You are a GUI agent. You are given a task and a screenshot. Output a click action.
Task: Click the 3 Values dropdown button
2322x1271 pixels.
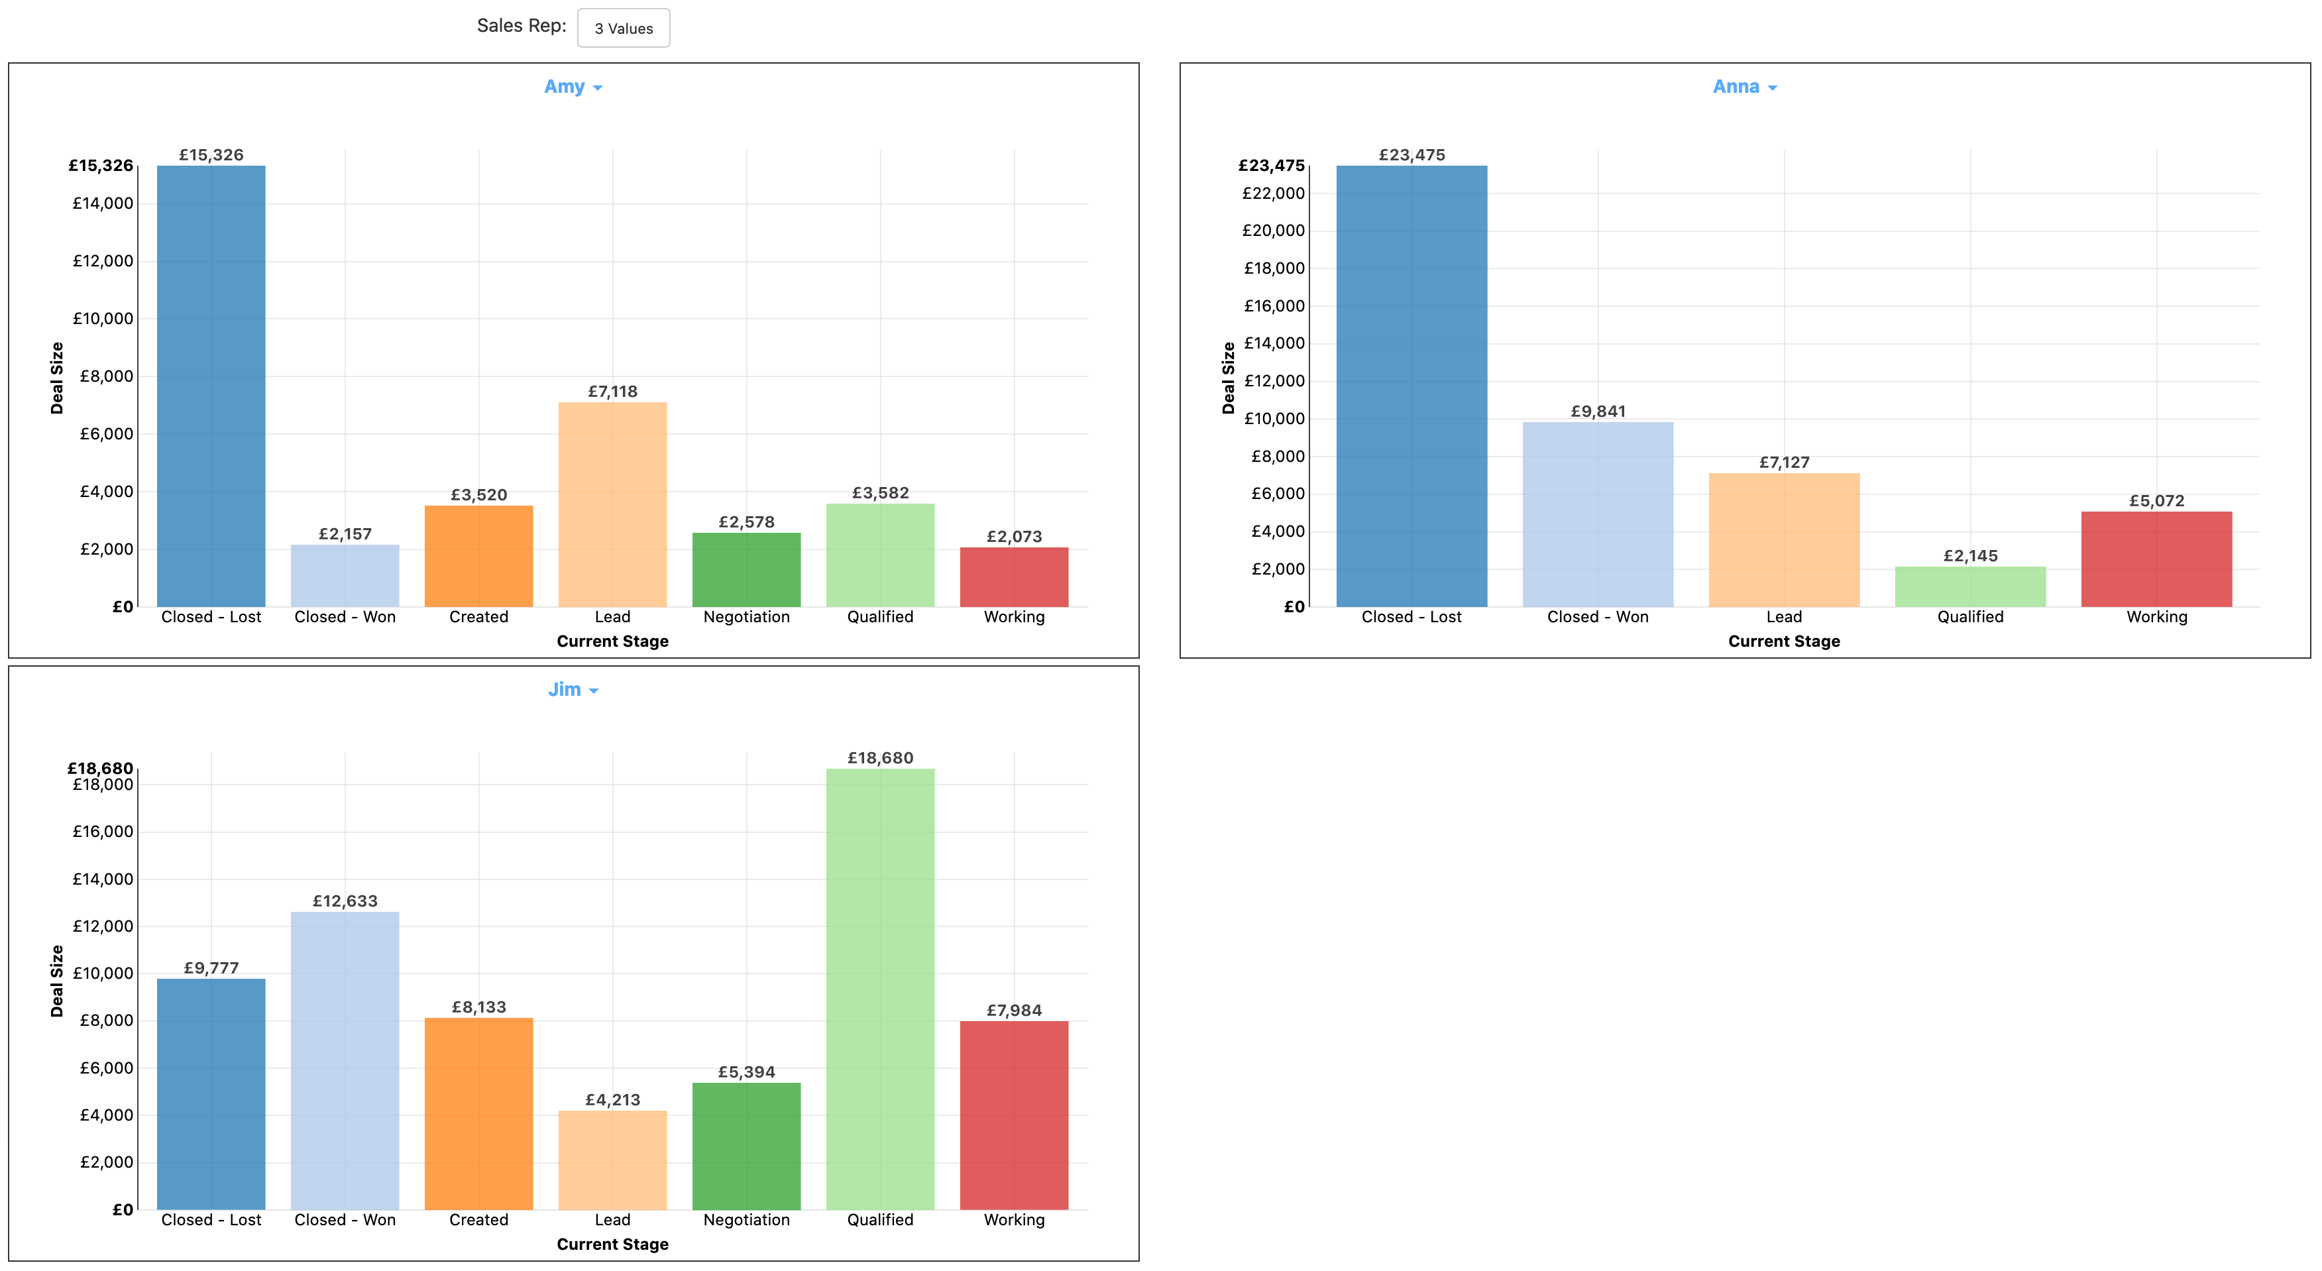click(x=623, y=28)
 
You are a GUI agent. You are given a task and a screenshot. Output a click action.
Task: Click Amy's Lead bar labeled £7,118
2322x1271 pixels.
click(x=612, y=505)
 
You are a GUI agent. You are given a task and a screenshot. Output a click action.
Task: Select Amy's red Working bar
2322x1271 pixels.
click(x=1013, y=577)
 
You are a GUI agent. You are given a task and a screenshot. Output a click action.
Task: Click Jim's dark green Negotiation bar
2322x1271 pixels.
click(x=746, y=1146)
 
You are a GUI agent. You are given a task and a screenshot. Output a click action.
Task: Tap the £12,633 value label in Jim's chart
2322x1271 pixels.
click(x=345, y=901)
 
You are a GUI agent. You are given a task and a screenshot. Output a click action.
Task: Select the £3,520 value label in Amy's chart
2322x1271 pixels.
click(x=478, y=495)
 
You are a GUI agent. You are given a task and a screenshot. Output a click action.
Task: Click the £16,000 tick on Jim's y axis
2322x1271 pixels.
click(x=103, y=831)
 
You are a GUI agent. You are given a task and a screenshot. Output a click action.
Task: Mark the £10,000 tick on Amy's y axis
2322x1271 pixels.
click(x=103, y=318)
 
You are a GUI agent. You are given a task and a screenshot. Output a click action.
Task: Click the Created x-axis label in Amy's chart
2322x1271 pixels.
click(x=478, y=616)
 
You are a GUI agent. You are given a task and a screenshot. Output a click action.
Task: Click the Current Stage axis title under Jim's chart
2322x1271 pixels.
click(x=612, y=1244)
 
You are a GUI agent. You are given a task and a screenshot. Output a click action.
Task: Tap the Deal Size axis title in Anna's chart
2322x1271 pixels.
click(x=1228, y=378)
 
